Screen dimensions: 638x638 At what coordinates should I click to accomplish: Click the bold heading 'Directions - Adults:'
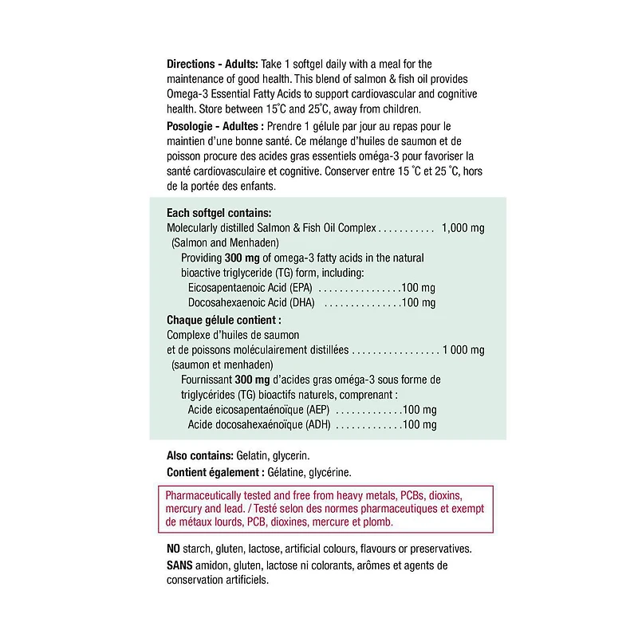(x=212, y=64)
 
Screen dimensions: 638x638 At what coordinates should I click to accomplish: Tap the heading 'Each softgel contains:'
(x=219, y=213)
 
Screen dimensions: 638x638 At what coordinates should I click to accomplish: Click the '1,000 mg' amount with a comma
(x=463, y=228)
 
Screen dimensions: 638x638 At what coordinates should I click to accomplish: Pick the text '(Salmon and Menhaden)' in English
(x=224, y=242)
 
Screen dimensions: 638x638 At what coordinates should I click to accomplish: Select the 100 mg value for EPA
(x=419, y=287)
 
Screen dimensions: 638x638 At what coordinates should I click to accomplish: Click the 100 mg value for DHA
(x=419, y=303)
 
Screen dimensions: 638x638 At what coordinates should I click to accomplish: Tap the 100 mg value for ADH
(x=419, y=425)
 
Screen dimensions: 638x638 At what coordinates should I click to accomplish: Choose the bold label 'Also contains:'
(x=199, y=455)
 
